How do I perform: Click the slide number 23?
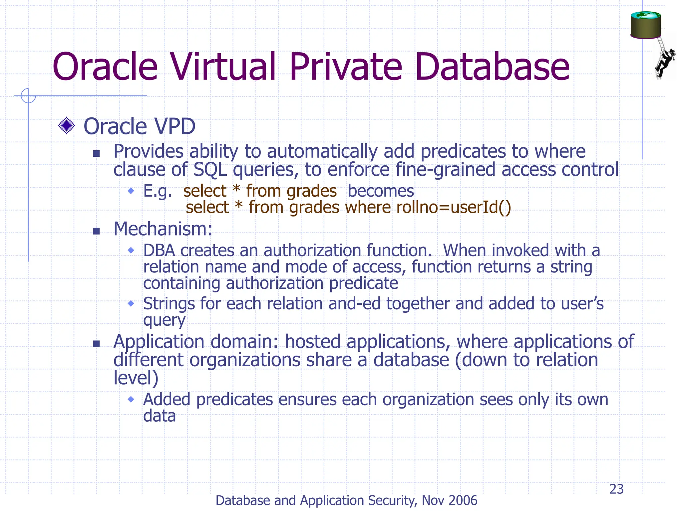(616, 489)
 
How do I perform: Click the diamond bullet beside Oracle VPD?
(67, 126)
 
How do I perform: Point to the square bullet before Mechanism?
(96, 231)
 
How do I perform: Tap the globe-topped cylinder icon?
(645, 25)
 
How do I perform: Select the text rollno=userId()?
(454, 207)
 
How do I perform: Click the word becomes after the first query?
(381, 191)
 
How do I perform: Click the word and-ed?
(354, 303)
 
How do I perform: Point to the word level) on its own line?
(136, 378)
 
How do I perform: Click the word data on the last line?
(159, 416)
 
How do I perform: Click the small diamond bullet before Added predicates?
(131, 399)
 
